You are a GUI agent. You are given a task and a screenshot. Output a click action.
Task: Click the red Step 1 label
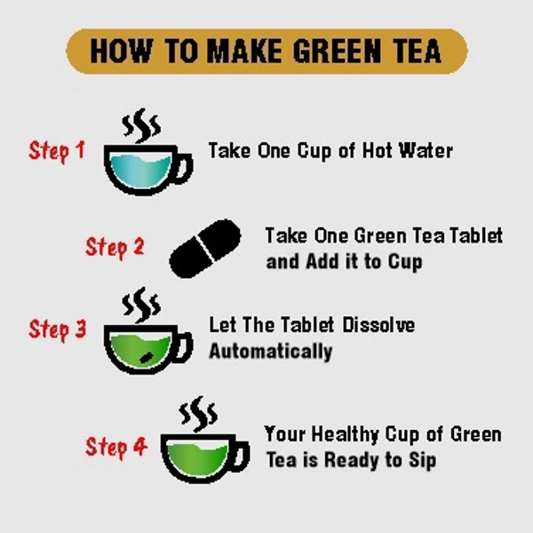pos(57,150)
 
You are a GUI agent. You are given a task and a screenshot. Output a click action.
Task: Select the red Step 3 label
pos(57,330)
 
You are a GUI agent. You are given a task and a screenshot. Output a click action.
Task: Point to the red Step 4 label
pos(115,446)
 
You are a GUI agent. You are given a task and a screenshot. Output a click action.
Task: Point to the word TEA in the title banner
pos(415,52)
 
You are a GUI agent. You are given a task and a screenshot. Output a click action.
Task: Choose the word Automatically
pos(270,351)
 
